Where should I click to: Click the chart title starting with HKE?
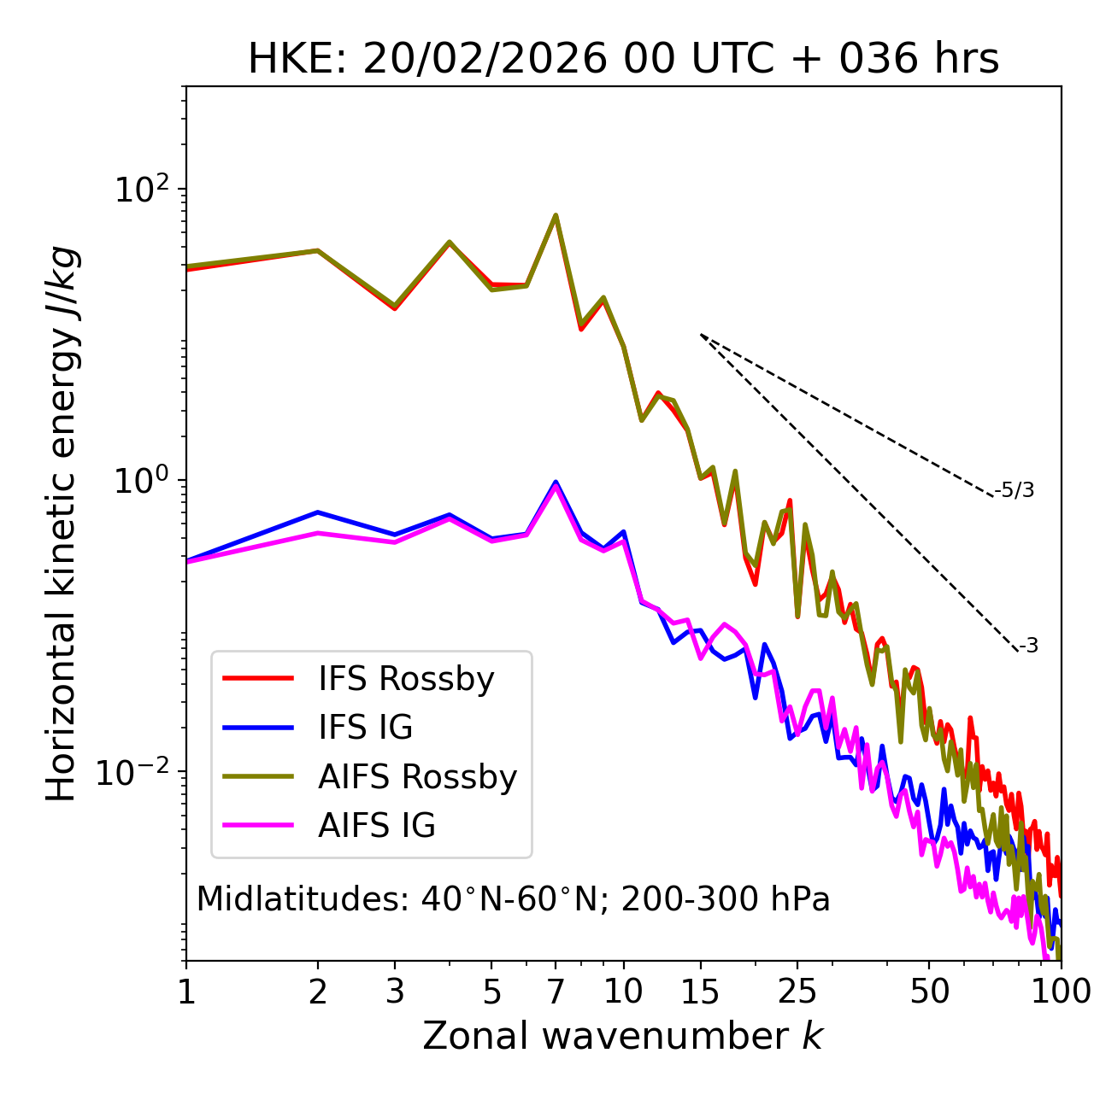tap(623, 60)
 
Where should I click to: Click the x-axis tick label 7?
tap(556, 992)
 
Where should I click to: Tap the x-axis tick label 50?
tap(929, 992)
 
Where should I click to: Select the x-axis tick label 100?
tap(1061, 992)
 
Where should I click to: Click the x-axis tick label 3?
tap(394, 992)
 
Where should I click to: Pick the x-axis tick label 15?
tap(700, 992)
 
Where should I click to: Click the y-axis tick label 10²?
tap(142, 189)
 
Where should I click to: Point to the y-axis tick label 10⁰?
tap(142, 481)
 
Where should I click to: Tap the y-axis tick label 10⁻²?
tap(137, 772)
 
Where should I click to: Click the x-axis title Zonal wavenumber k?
tap(623, 1036)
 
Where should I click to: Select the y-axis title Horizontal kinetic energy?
tap(62, 524)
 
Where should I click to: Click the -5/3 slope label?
tap(1015, 490)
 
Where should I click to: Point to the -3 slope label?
tap(1028, 647)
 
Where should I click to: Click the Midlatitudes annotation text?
tap(513, 899)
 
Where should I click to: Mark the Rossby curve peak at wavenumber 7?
tap(556, 216)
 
